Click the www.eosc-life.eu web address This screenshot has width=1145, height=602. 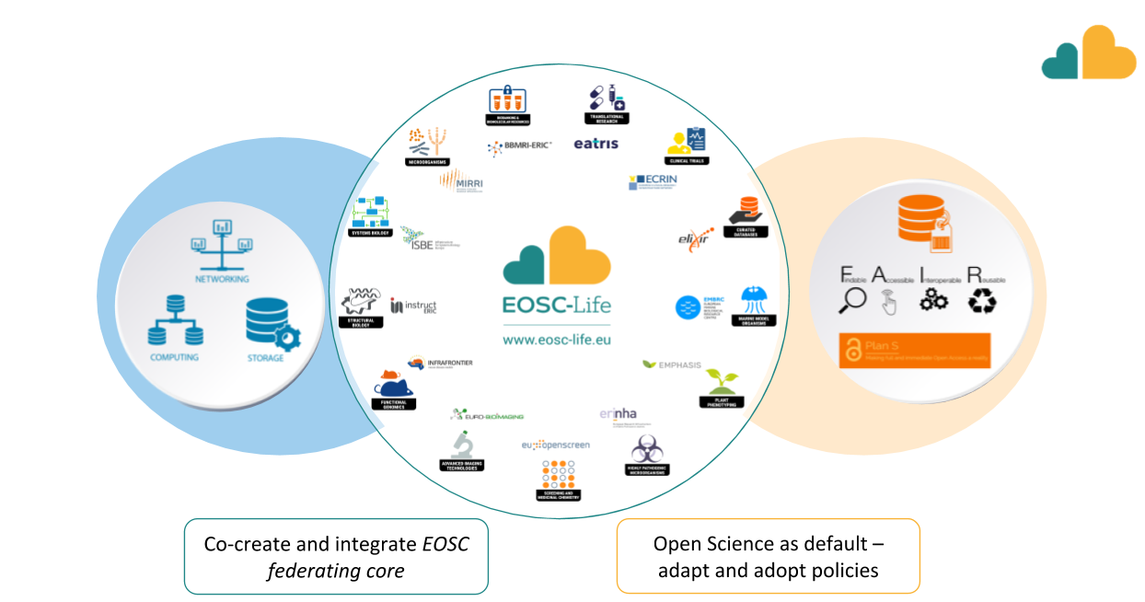556,339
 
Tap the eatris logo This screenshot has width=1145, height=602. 596,144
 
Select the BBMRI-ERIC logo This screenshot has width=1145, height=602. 521,145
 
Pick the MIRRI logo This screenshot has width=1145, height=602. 462,181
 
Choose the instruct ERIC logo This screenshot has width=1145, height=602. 413,306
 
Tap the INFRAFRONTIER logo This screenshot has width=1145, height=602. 440,364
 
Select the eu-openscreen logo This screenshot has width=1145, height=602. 555,445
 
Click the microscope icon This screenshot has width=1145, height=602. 462,445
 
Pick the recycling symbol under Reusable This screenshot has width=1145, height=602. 981,301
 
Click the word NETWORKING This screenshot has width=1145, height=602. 221,279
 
